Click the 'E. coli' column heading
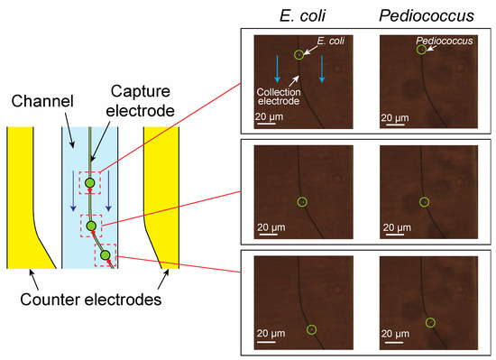point(300,15)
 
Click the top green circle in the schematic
point(90,184)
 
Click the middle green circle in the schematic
point(91,225)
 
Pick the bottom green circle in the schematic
point(106,256)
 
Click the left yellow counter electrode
point(23,194)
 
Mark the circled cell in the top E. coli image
point(299,55)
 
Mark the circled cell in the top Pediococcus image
point(422,51)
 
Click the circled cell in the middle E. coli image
point(302,200)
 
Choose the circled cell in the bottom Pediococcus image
point(430,322)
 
